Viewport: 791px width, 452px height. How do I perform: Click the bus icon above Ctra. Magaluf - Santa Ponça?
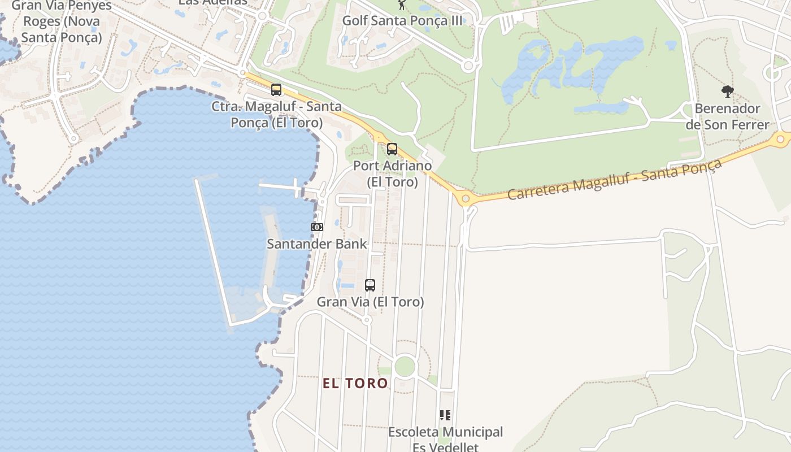[276, 89]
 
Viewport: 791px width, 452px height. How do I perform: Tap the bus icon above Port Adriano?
[392, 149]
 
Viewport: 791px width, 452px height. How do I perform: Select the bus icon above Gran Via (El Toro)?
[370, 285]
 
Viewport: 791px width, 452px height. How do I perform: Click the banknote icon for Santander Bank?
[317, 227]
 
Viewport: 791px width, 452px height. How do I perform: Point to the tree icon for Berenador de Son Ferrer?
[727, 92]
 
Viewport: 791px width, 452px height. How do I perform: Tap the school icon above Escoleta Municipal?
[445, 415]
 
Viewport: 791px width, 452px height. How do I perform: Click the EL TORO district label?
[355, 383]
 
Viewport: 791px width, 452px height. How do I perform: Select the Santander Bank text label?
[316, 244]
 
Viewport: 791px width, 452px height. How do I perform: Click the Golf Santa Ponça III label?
[403, 20]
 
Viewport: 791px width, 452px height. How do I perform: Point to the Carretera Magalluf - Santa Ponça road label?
[615, 179]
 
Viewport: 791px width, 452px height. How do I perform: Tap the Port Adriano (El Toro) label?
[392, 174]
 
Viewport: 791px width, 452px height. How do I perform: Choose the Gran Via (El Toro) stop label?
[370, 302]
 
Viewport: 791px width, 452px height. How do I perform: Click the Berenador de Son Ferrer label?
[727, 116]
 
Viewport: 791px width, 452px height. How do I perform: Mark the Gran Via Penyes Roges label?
[61, 22]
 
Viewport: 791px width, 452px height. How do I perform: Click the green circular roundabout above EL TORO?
[405, 366]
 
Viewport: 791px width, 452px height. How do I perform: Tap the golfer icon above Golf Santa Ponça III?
[402, 5]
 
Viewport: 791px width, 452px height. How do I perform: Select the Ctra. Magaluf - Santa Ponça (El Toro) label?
[276, 114]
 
